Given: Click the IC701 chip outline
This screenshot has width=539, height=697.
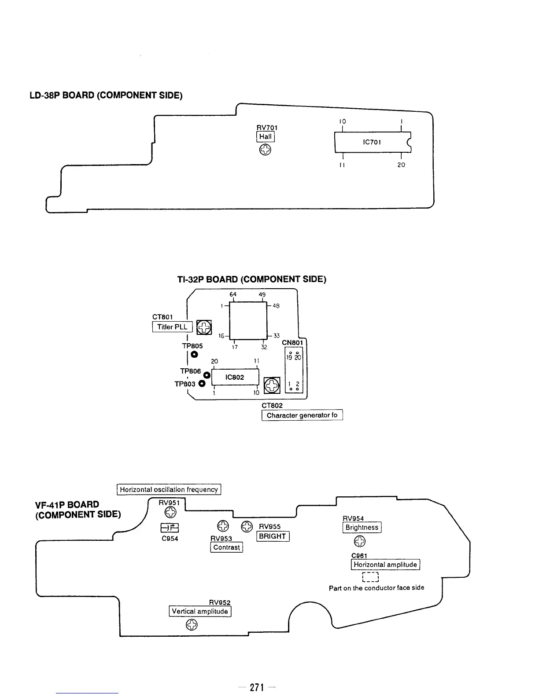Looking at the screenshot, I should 373,142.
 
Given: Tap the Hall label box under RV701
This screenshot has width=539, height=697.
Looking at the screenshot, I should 266,137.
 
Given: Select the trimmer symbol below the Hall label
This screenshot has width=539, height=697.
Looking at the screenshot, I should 265,150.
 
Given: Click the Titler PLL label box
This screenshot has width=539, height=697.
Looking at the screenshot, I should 172,327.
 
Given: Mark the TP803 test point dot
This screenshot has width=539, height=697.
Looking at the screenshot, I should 202,384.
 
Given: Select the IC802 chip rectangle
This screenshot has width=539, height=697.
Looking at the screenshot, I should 235,378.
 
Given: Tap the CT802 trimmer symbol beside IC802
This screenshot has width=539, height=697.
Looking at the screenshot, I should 272,386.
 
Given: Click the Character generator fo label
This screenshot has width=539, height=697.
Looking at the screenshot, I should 302,415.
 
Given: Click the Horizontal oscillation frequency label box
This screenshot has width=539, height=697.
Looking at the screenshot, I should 169,489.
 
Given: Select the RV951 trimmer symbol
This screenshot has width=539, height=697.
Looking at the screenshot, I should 170,511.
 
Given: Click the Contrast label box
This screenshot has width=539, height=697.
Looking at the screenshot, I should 227,547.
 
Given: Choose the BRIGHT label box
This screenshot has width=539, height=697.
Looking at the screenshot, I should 273,536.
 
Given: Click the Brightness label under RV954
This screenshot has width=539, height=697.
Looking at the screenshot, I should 362,527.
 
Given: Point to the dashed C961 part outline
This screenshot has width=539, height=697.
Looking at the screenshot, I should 370,577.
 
